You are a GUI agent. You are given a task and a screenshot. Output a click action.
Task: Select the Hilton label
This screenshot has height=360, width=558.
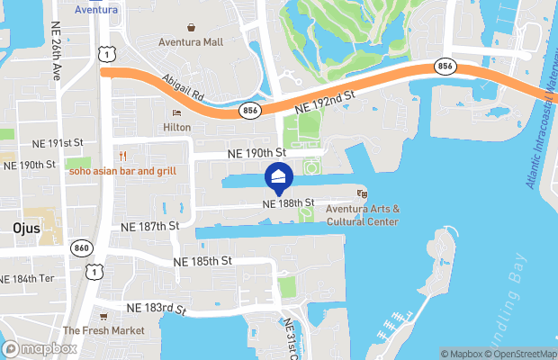coord(176,128)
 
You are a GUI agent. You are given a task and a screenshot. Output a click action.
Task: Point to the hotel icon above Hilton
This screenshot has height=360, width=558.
coord(176,113)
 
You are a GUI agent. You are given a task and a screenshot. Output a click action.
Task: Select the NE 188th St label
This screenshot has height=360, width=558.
coord(288,203)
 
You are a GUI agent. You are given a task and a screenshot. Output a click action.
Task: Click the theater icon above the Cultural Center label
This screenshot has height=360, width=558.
coord(363,193)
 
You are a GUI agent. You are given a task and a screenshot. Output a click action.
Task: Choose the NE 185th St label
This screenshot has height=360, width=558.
coord(202,261)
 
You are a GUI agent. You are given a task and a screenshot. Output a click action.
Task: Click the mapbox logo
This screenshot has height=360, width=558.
coord(40,348)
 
